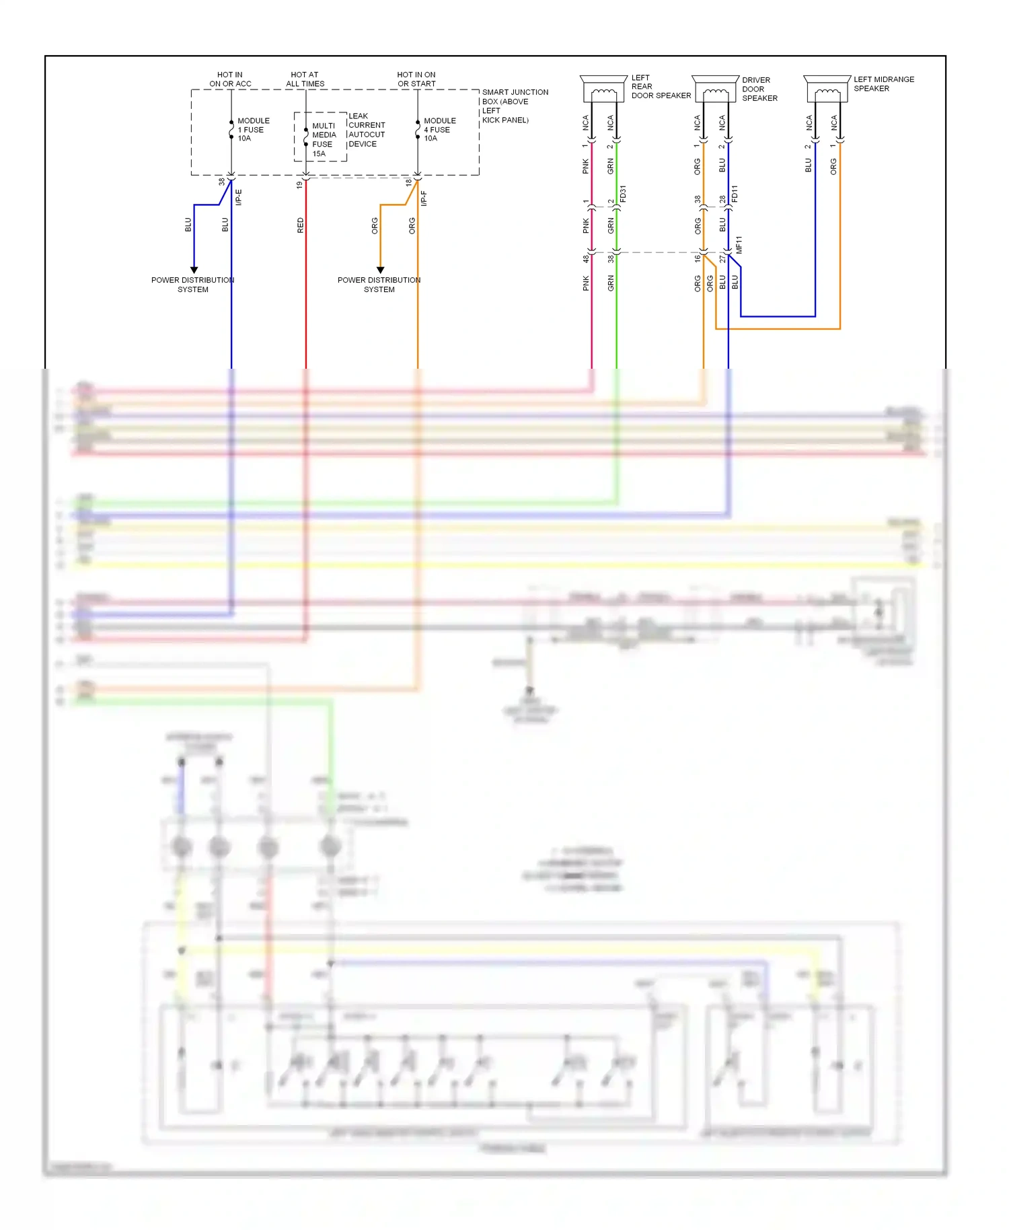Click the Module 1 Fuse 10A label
coord(253,130)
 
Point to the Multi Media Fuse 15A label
coord(324,139)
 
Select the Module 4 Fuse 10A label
coord(439,130)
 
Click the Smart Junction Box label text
coord(514,106)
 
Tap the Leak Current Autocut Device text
coord(367,130)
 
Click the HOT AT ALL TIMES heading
coord(305,79)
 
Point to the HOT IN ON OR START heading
coord(416,79)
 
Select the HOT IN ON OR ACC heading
coord(230,79)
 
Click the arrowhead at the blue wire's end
coord(194,270)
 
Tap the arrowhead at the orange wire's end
coord(380,270)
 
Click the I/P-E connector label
coord(238,197)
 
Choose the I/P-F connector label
coord(424,198)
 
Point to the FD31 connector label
coord(623,194)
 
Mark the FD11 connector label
coord(735,194)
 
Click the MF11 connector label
coord(739,244)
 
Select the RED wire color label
coord(300,225)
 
